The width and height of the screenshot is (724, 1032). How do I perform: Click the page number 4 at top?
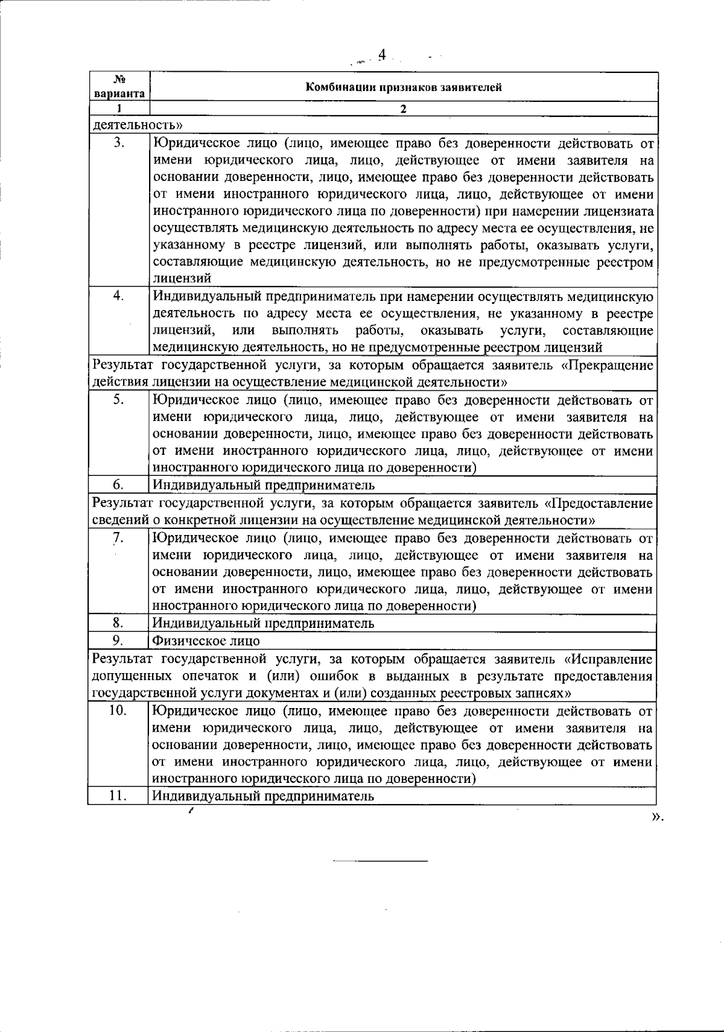(381, 55)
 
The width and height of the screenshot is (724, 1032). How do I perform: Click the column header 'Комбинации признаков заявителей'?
(403, 87)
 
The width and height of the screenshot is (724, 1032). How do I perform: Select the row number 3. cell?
(119, 143)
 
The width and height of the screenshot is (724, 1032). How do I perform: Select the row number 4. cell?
(119, 296)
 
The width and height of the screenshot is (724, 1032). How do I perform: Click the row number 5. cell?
(119, 399)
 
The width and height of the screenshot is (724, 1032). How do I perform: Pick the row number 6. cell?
(119, 485)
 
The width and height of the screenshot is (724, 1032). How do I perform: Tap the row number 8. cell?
(119, 623)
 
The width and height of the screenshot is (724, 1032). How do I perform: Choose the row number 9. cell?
(119, 640)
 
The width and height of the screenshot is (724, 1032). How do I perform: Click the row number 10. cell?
(119, 711)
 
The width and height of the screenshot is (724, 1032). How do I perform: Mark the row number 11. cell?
(119, 796)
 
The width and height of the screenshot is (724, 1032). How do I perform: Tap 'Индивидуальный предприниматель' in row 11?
(263, 796)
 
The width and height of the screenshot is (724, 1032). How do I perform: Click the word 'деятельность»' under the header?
(138, 125)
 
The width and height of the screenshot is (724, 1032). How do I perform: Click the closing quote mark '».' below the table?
(657, 817)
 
